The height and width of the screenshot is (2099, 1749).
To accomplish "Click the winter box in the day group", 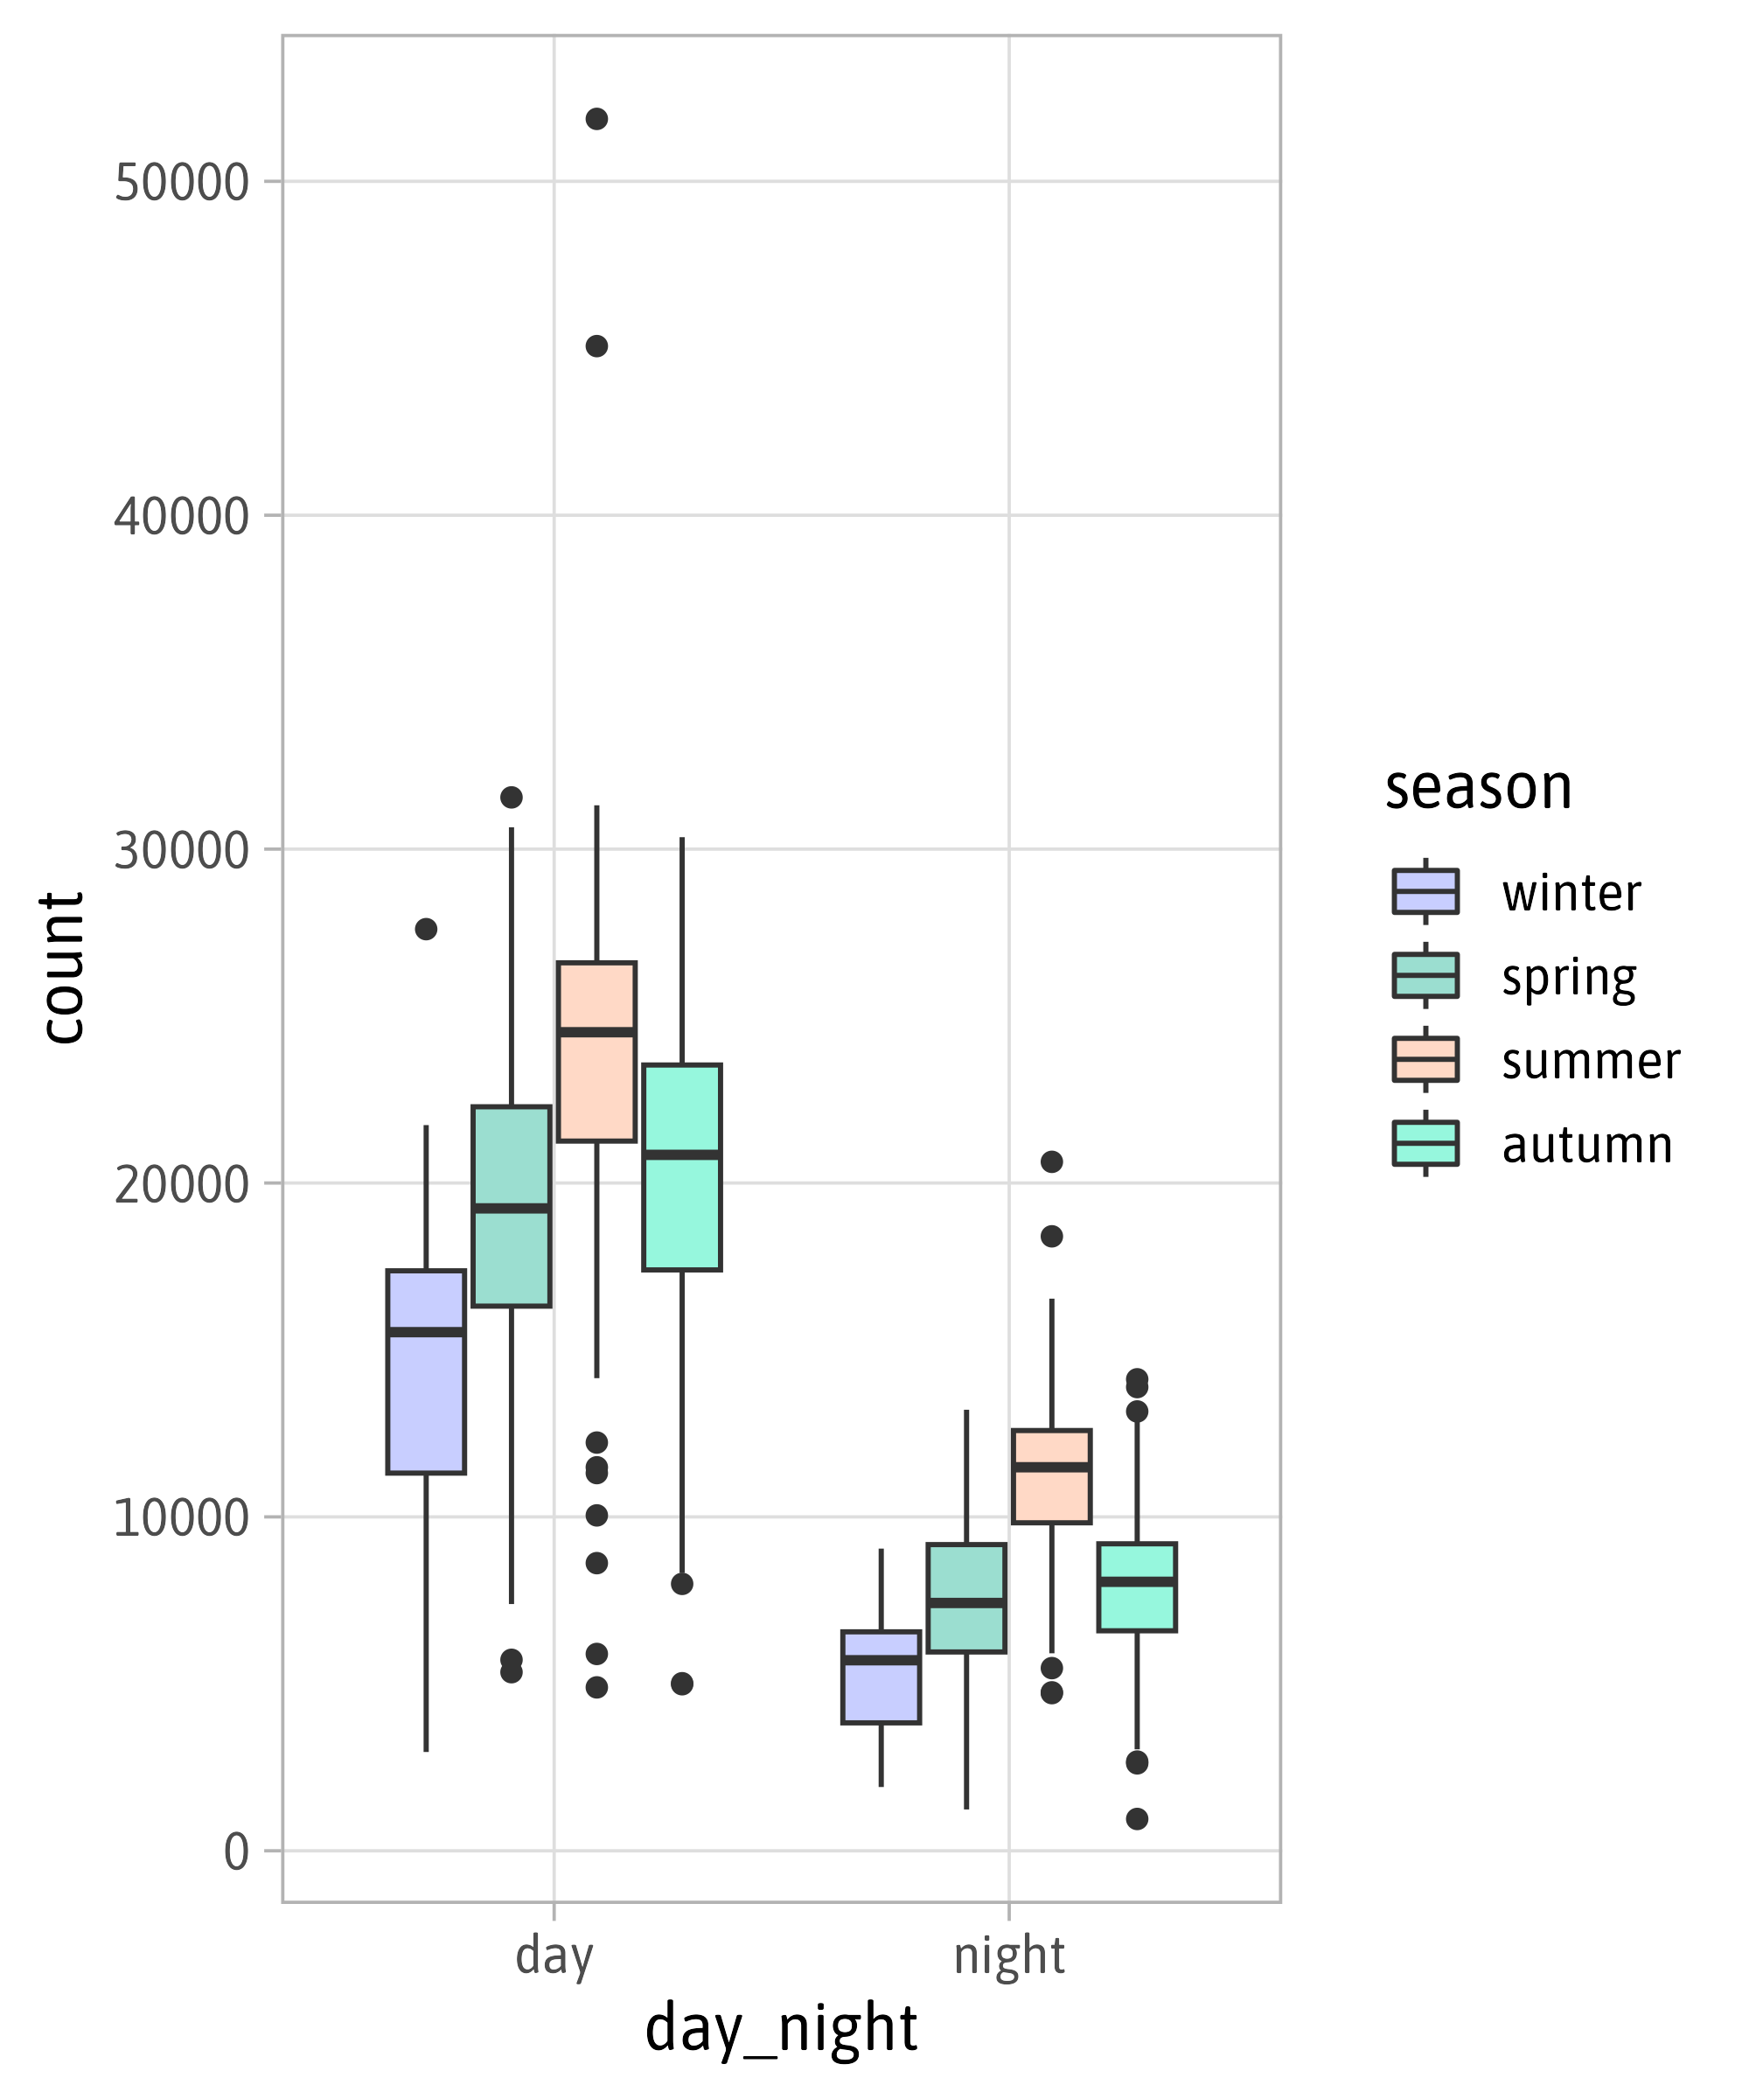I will coord(426,1371).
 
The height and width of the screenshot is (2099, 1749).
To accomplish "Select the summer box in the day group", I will coord(596,1051).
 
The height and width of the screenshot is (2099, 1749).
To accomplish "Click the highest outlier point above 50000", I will coord(596,119).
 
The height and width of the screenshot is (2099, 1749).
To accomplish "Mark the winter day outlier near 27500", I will coord(426,930).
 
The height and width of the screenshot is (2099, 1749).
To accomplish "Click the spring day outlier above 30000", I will coord(511,798).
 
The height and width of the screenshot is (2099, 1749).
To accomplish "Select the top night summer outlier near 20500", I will coord(1051,1161).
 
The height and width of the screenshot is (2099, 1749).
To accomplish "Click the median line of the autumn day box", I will coord(681,1154).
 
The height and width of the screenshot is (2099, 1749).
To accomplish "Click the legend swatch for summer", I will coord(1425,1059).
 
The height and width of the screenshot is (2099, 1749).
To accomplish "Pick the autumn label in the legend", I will coord(1586,1145).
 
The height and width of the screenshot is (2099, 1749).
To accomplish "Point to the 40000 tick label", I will coord(181,517).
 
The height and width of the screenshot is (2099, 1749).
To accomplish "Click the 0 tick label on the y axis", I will coord(236,1852).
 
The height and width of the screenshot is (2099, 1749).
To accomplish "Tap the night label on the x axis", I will coord(1008,1956).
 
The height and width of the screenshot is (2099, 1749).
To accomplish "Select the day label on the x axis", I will coord(554,1956).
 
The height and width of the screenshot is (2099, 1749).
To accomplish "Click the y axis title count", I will coord(62,967).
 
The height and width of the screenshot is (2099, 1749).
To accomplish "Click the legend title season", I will coord(1478,788).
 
